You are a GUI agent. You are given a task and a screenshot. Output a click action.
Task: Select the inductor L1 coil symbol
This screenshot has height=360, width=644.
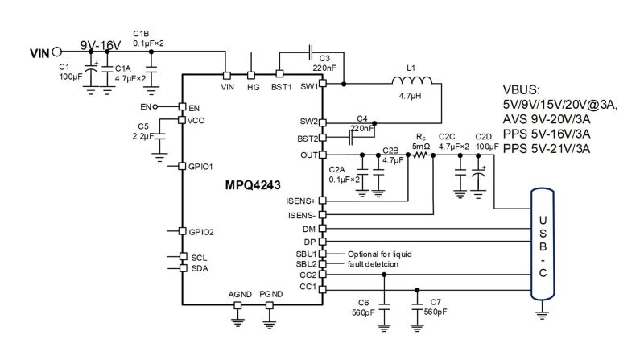click(411, 81)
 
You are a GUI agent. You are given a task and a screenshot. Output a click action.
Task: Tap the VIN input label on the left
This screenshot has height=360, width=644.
click(39, 54)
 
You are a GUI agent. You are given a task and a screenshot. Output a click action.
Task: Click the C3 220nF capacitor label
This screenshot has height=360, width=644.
click(324, 64)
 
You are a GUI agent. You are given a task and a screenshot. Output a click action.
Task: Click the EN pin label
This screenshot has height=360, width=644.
click(194, 107)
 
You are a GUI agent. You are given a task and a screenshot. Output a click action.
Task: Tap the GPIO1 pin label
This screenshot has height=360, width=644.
click(201, 167)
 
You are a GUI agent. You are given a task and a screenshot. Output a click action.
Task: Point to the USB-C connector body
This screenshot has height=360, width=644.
click(541, 243)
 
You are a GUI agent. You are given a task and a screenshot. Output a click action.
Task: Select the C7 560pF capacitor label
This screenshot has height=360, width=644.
click(430, 306)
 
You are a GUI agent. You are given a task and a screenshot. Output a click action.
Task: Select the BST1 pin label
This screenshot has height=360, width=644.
click(280, 85)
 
